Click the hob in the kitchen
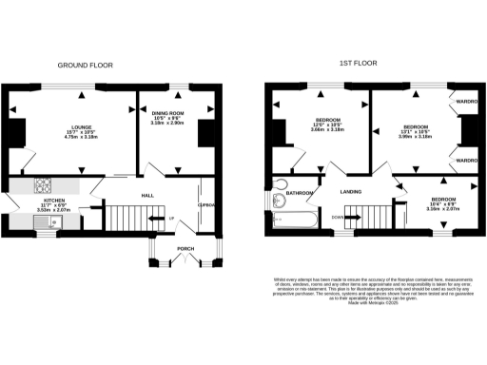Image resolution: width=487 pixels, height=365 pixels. click(x=46, y=185)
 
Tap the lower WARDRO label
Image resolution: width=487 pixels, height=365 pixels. click(x=466, y=162)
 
